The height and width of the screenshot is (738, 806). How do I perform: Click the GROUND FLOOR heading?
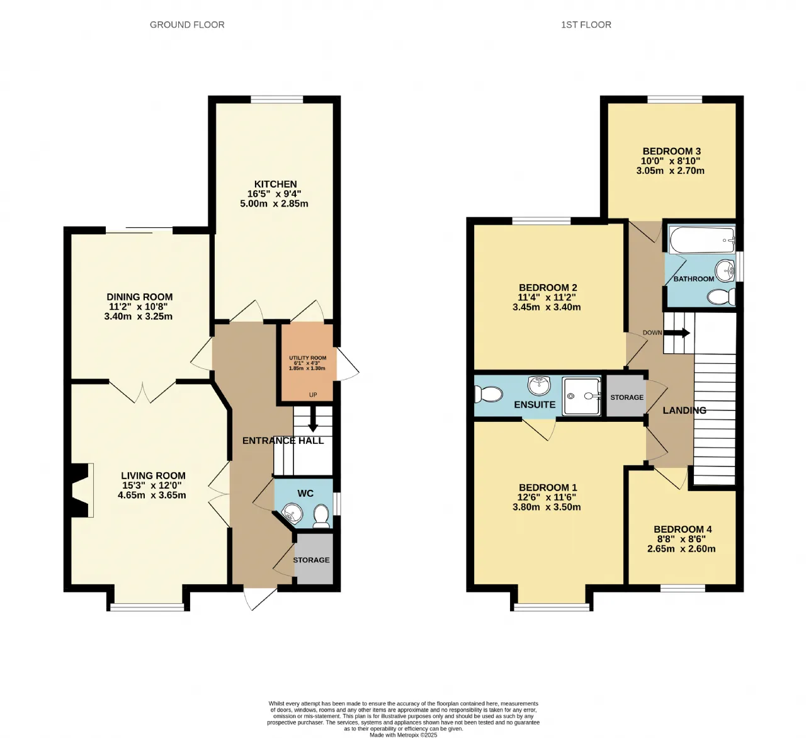[x=187, y=25]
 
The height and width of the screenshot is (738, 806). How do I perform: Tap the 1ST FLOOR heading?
[x=586, y=25]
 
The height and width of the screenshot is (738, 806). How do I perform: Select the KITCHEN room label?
[x=275, y=184]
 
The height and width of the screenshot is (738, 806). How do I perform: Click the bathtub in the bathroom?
[x=701, y=240]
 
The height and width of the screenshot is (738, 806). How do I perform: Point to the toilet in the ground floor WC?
[x=321, y=516]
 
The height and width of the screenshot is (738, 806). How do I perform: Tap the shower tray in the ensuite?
[x=581, y=396]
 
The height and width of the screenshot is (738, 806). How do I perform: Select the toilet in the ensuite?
[x=488, y=394]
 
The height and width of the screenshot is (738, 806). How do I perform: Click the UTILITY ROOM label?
[x=307, y=358]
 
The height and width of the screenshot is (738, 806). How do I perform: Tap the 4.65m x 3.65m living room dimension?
[x=152, y=495]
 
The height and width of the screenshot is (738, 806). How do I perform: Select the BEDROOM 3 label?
[x=671, y=151]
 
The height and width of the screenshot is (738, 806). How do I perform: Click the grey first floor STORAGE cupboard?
[x=626, y=395]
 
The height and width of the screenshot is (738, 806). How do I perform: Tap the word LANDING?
[x=684, y=411]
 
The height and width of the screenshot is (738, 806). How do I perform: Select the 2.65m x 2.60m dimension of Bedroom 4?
[x=681, y=548]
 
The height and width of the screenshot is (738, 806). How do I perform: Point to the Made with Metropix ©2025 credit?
[x=403, y=735]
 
